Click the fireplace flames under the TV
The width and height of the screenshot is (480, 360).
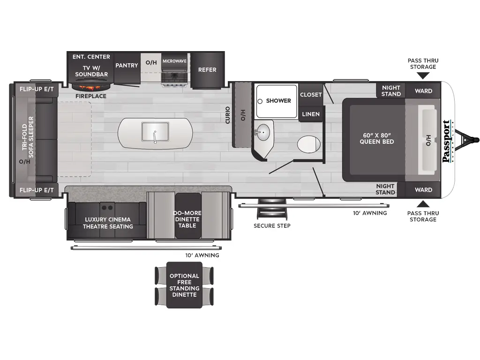(91, 87)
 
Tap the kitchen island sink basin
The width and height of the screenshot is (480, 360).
(155, 132)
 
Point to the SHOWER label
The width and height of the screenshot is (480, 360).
(278, 101)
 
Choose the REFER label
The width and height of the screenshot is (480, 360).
(207, 70)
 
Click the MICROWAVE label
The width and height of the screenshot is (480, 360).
(174, 61)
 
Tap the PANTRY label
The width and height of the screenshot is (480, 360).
(127, 66)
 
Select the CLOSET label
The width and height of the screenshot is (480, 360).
(311, 95)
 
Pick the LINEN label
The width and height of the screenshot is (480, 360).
(311, 114)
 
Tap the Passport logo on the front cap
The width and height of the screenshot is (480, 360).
(447, 141)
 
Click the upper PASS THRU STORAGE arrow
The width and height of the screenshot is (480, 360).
(422, 75)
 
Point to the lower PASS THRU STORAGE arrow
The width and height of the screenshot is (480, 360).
(423, 203)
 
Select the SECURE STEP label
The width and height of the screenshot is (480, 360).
(272, 226)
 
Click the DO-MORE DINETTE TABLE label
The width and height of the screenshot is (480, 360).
(187, 219)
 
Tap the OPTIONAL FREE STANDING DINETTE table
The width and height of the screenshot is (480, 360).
(184, 285)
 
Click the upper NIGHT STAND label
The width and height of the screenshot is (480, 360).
(391, 91)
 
